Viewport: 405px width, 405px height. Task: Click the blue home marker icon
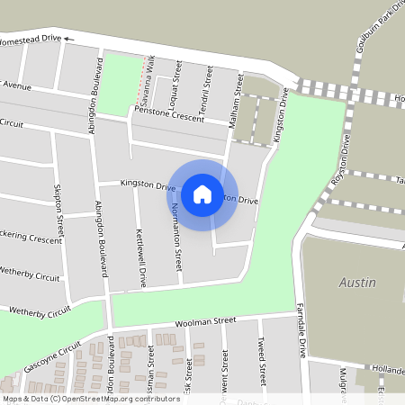pos(202,193)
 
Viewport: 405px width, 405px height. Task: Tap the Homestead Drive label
pos(29,40)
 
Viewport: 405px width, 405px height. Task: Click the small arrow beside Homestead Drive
pos(67,40)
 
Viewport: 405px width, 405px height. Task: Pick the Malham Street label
pos(238,96)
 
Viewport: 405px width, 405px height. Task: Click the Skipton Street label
pos(59,212)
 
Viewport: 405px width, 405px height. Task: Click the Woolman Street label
pos(205,320)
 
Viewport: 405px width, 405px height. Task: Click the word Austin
pos(356,283)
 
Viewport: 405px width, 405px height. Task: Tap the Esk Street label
pos(188,369)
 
